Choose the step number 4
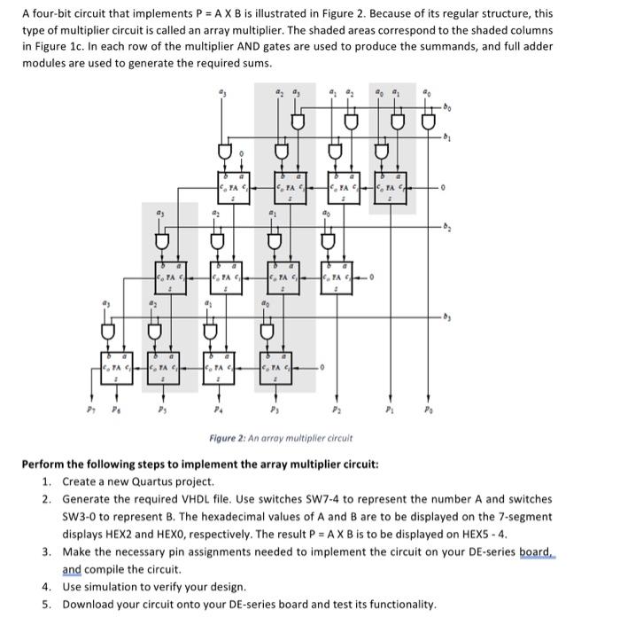45,586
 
